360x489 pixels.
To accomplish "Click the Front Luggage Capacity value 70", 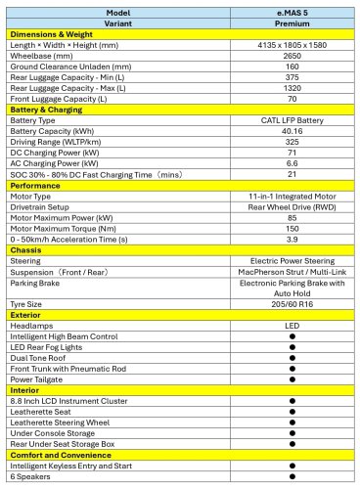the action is (x=292, y=103).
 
